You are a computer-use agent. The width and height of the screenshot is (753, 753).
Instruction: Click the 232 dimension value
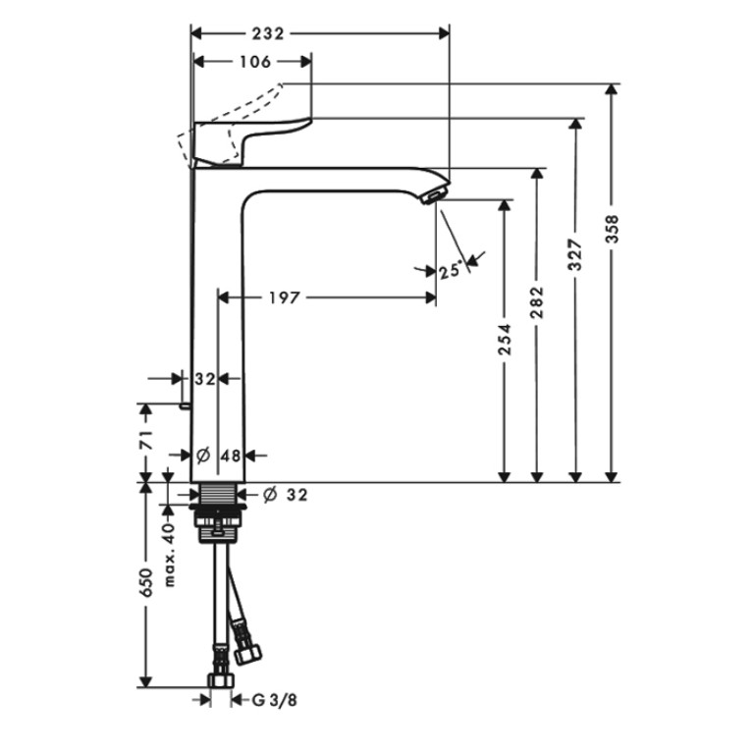268,33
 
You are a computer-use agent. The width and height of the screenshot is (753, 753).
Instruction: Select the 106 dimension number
255,62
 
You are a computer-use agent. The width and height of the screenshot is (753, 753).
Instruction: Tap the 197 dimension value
284,297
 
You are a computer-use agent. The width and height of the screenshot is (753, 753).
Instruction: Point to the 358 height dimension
613,229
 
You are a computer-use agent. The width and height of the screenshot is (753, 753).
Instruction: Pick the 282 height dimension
537,302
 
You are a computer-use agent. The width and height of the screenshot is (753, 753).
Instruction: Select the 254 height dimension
505,340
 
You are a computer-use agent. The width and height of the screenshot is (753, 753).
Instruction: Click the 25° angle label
451,271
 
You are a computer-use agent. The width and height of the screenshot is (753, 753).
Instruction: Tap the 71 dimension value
146,440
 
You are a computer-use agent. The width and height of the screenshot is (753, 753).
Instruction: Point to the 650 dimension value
146,582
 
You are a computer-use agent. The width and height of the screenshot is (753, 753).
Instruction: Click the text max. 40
169,555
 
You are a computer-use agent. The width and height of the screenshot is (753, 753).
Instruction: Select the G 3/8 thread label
274,700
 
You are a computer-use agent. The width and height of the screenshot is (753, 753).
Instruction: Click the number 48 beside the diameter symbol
231,456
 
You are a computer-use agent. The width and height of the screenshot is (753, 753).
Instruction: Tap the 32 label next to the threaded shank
296,494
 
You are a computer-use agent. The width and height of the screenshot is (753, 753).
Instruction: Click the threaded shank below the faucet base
218,493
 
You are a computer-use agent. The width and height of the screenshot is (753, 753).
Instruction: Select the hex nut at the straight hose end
221,680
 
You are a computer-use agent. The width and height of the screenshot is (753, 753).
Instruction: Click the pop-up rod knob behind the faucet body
186,406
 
